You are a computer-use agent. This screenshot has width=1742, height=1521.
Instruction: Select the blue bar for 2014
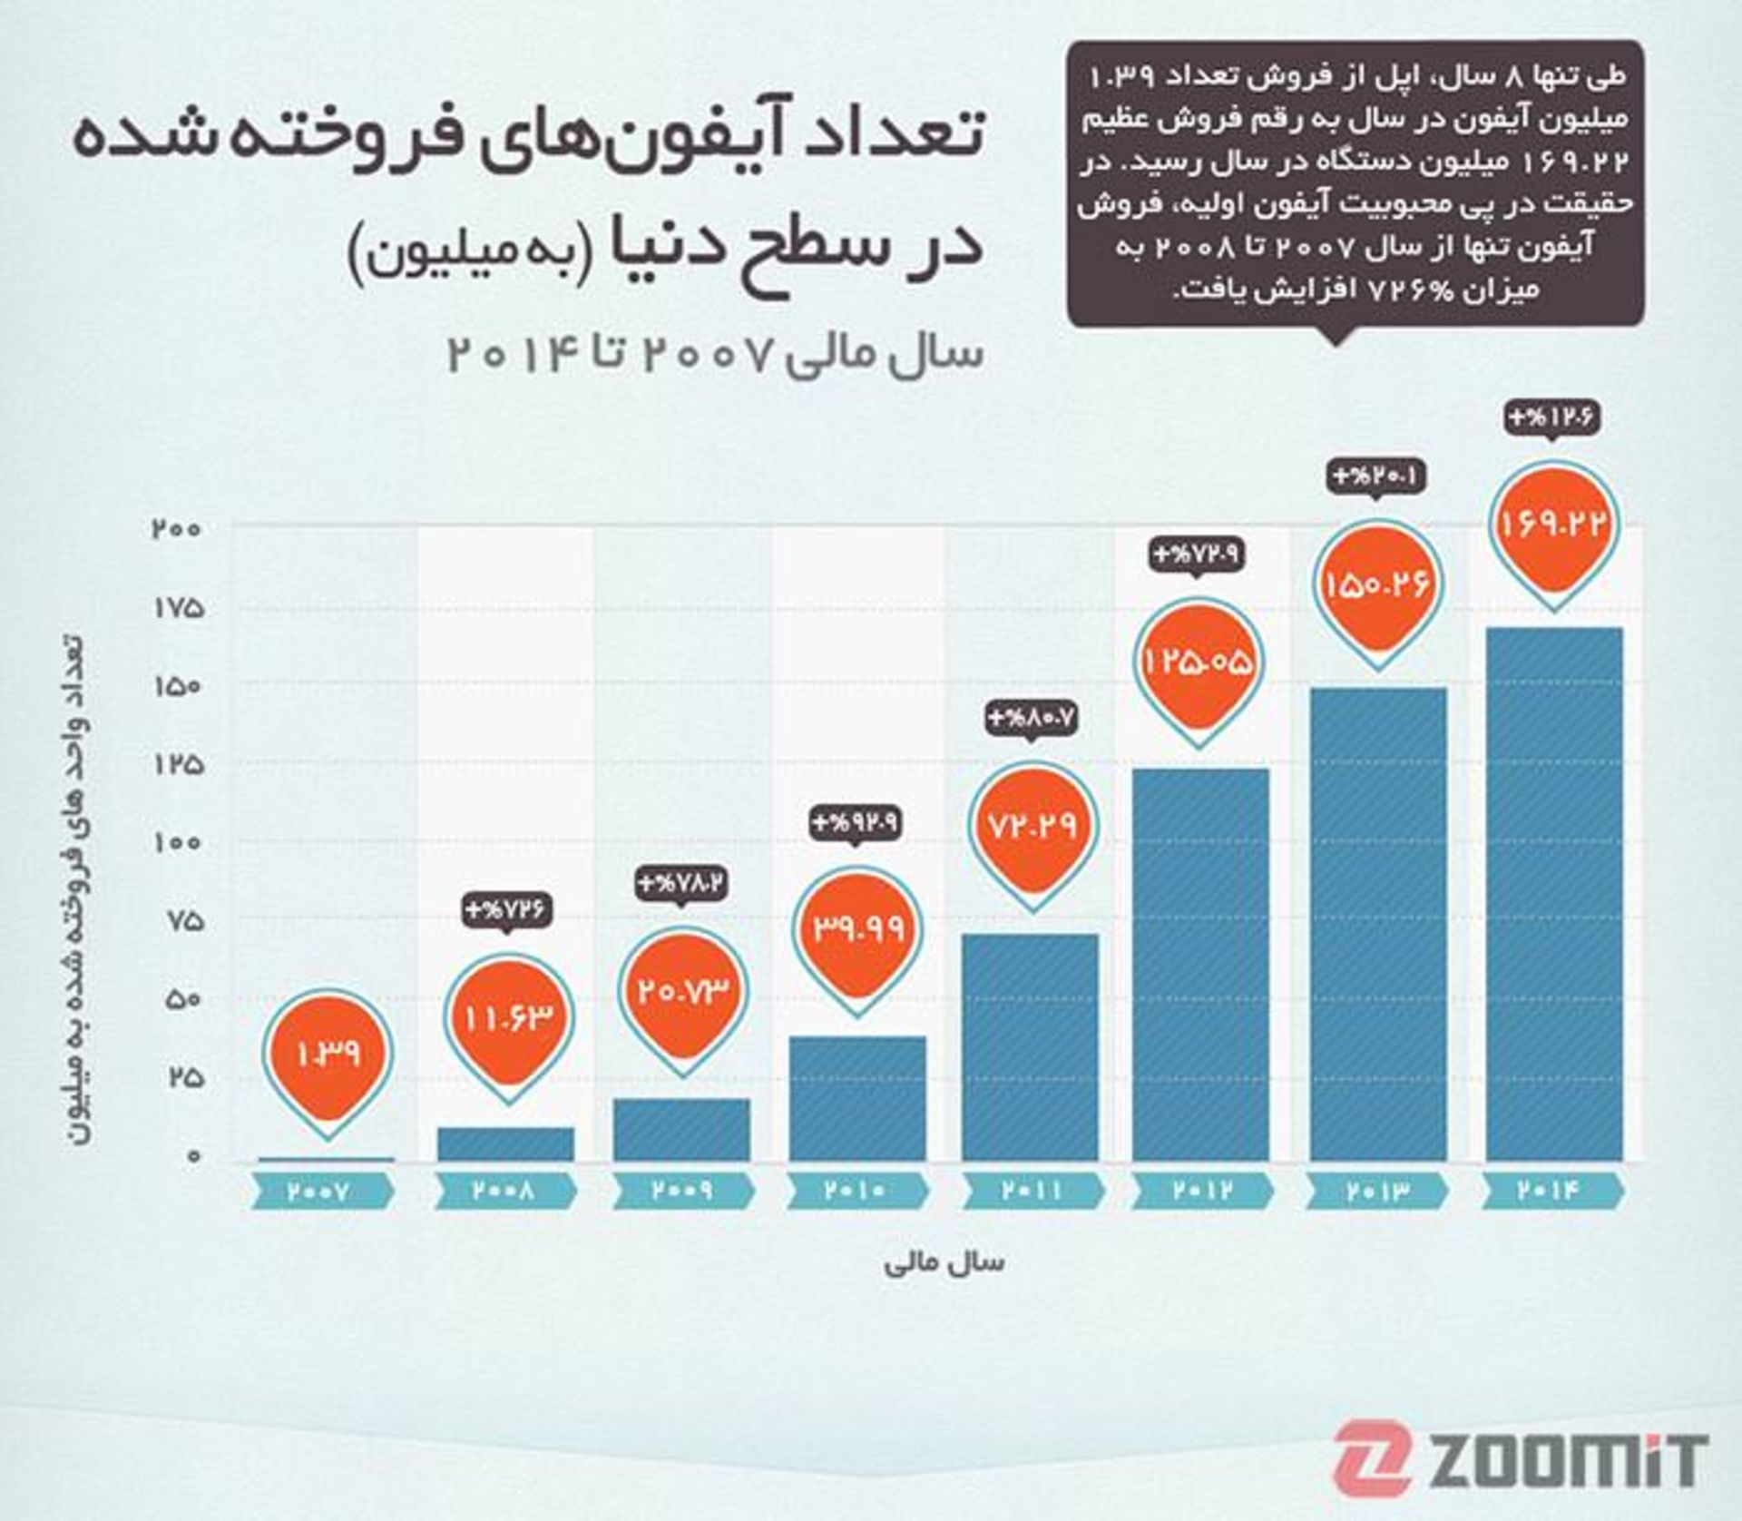(1553, 894)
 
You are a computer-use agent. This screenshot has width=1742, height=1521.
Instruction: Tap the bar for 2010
(857, 1098)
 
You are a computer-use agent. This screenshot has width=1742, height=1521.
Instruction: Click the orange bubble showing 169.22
(1553, 524)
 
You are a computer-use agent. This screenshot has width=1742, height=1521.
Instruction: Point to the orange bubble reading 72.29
(1032, 826)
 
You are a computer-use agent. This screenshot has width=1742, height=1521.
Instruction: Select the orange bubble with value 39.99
(857, 928)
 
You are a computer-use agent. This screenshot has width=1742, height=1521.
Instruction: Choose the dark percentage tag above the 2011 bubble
(1032, 719)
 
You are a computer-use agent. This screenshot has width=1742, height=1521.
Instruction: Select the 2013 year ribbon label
(1376, 1191)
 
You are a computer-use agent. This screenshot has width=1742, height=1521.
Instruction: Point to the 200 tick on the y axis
(177, 528)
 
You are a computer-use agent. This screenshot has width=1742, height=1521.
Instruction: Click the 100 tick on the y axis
(177, 842)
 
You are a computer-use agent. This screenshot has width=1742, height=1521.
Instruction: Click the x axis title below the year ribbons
(944, 1263)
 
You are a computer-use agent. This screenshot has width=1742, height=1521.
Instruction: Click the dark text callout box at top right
(1355, 182)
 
